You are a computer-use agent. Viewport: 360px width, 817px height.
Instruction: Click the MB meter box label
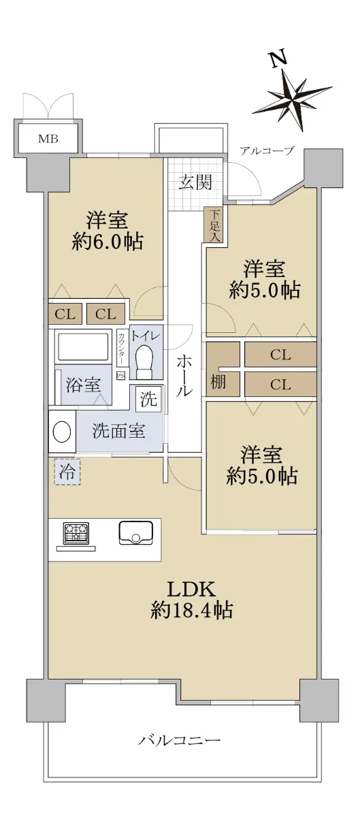pos(48,139)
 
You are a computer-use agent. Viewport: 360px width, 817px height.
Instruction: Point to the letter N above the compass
pos(277,60)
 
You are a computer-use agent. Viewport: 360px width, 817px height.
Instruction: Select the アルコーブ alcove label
pos(267,150)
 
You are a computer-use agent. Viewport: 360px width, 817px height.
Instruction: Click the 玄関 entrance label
pos(195,182)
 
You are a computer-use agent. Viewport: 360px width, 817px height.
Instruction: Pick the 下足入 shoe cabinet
pos(216,225)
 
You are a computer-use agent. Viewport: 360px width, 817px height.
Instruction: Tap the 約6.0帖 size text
pos(108,241)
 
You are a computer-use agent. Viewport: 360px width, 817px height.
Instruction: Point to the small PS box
pos(120,375)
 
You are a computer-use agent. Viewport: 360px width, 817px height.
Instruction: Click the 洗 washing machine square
pos(149,399)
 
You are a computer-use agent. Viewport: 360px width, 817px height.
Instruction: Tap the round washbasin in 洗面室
pos(62,432)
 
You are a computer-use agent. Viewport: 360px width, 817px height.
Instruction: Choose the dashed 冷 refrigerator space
pos(67,472)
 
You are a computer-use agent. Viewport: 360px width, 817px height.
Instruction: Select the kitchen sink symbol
pos(135,533)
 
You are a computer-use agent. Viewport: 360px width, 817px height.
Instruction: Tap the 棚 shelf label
pos(218,382)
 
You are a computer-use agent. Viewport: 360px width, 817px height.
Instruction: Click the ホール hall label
pos(184,376)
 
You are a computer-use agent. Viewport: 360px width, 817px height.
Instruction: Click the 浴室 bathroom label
pos(83,385)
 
